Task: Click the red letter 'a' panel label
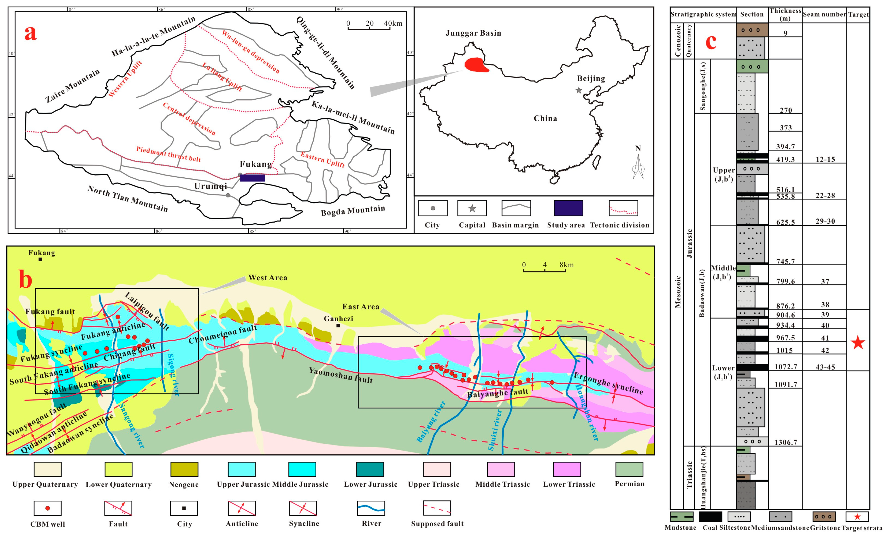tap(31, 33)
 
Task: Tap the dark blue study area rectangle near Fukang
tap(252, 178)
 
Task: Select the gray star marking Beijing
tap(579, 90)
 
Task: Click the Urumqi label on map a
tap(211, 186)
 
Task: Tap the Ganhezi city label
tap(338, 318)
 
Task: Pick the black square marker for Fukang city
tap(40, 259)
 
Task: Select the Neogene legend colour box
tap(184, 469)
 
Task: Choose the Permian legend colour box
tap(629, 469)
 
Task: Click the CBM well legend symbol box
tap(48, 508)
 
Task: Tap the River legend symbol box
tap(371, 508)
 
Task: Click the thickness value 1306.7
tap(786, 442)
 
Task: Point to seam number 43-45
tap(825, 367)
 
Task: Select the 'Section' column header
tap(752, 14)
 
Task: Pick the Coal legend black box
tap(710, 517)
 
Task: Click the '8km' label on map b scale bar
tap(567, 265)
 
